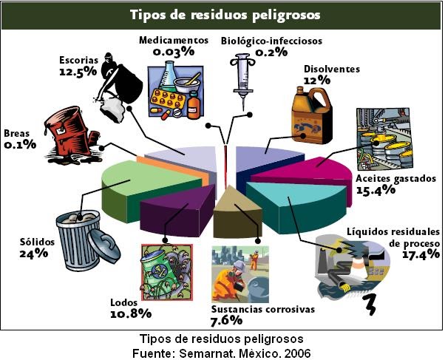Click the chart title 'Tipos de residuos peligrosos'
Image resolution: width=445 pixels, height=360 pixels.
(x=222, y=15)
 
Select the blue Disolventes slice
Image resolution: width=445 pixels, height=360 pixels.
(x=262, y=155)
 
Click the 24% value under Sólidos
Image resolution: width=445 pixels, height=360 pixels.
(x=34, y=253)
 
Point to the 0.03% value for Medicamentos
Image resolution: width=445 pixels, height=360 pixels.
(x=174, y=52)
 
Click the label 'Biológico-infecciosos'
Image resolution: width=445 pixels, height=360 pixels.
(x=271, y=40)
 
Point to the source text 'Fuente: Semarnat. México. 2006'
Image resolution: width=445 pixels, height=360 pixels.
(x=222, y=352)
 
